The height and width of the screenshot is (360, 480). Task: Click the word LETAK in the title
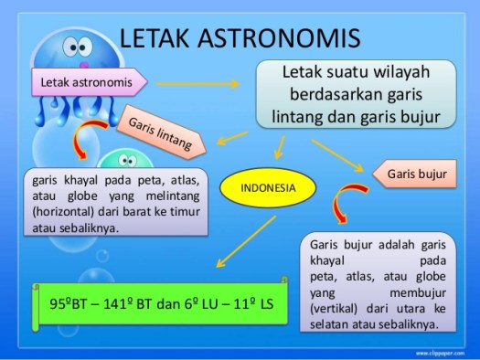[x=157, y=39]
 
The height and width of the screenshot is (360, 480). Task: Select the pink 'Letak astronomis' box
[x=88, y=83]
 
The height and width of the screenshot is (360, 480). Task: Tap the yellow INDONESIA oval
[x=267, y=188]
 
